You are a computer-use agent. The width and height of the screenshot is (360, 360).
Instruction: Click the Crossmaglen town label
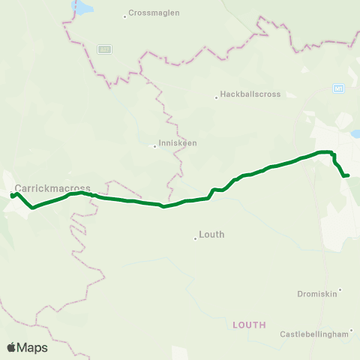pyautogui.click(x=151, y=13)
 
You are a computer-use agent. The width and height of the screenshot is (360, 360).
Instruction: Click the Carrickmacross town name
pyautogui.click(x=52, y=187)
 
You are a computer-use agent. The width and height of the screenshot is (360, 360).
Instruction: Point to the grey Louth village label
pyautogui.click(x=211, y=235)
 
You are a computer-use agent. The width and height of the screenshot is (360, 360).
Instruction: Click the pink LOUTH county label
pyautogui.click(x=250, y=325)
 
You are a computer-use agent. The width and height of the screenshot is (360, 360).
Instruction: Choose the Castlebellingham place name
pyautogui.click(x=314, y=334)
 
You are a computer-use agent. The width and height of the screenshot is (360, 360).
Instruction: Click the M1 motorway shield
pyautogui.click(x=339, y=88)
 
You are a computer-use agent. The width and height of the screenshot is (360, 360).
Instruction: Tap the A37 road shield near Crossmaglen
pyautogui.click(x=104, y=49)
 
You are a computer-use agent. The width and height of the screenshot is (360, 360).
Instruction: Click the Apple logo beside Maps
pyautogui.click(x=12, y=347)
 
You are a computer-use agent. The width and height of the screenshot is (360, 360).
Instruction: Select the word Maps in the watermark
pyautogui.click(x=33, y=348)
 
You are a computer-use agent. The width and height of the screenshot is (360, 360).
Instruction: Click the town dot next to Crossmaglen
pyautogui.click(x=125, y=15)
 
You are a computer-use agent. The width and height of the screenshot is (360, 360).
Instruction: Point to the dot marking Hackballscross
pyautogui.click(x=217, y=96)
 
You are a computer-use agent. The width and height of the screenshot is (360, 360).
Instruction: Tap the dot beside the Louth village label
pyautogui.click(x=196, y=238)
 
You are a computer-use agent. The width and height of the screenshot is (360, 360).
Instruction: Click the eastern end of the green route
pyautogui.click(x=348, y=175)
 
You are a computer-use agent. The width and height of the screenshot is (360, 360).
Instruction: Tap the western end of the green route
pyautogui.click(x=12, y=196)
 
